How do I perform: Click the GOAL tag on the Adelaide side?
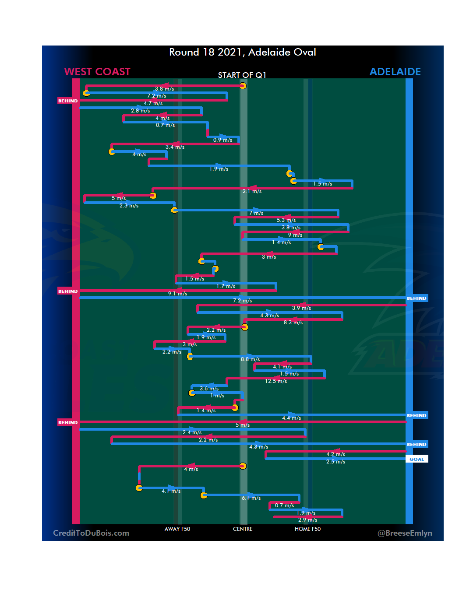tap(417, 459)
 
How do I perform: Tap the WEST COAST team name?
tap(97, 72)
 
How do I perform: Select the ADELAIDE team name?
tap(395, 72)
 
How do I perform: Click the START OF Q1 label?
tap(242, 75)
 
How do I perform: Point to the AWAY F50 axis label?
tap(177, 529)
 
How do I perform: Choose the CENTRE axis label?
tap(243, 529)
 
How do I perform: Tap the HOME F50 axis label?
tap(307, 529)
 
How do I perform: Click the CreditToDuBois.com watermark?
tap(91, 533)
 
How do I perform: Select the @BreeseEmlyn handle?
tap(405, 533)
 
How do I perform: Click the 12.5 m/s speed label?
tap(276, 381)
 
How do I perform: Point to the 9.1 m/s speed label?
tap(177, 294)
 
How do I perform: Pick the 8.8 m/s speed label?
tap(250, 359)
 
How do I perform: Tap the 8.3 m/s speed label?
tap(293, 323)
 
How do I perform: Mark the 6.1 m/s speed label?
tap(251, 498)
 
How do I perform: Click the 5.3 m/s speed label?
tap(286, 220)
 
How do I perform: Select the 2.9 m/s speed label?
tap(307, 520)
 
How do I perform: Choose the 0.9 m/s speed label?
tap(222, 140)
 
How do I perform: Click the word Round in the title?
tap(184, 53)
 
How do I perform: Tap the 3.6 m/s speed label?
tap(209, 389)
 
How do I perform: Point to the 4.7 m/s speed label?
tap(153, 103)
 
